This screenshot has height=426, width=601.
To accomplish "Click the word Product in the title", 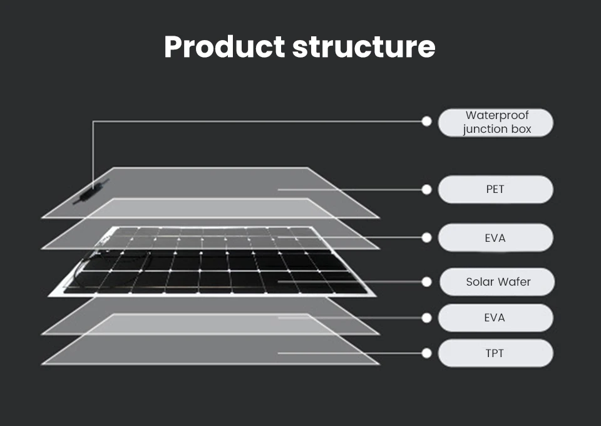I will (224, 47).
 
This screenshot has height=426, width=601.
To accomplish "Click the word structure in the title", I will (364, 47).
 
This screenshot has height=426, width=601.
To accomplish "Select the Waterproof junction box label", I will (496, 123).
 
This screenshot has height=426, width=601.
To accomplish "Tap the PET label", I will (495, 189).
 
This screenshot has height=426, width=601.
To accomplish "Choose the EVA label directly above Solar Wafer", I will (495, 238).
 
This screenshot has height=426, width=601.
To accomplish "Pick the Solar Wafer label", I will (498, 282).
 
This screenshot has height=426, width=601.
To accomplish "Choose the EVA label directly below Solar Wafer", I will (495, 318).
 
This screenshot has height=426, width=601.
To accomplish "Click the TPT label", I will (495, 353).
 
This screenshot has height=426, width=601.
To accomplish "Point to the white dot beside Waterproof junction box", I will (427, 122).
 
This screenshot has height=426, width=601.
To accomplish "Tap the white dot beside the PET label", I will (427, 189).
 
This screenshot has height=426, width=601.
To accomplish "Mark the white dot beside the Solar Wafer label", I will (427, 282).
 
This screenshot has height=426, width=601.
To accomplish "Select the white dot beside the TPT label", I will (427, 353).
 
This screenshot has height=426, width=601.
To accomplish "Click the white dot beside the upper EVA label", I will (427, 237).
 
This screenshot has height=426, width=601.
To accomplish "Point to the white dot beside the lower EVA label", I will (427, 318).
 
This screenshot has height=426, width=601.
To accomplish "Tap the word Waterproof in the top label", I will (497, 116).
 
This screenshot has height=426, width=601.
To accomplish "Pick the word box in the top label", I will (521, 130).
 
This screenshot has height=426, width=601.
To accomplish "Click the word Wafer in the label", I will (514, 282).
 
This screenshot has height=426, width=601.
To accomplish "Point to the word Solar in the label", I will (480, 282).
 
